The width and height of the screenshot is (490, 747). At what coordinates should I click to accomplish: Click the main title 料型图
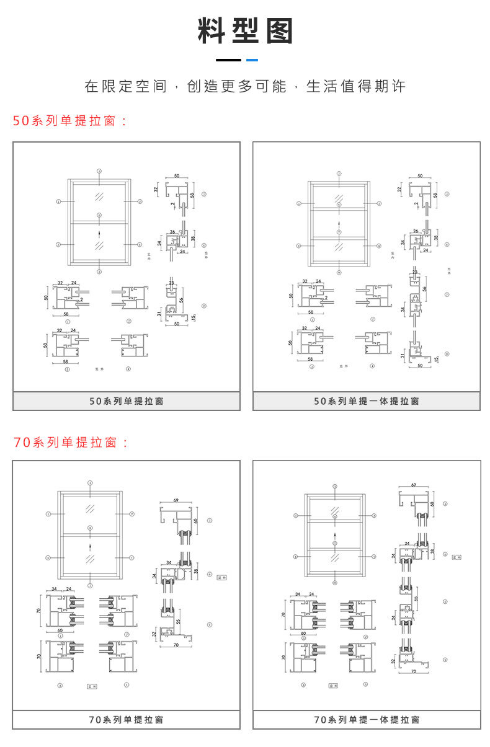pos(245,30)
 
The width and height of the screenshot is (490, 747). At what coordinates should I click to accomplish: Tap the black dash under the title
pos(228,60)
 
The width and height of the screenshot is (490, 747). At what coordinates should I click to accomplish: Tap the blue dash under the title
pos(252,60)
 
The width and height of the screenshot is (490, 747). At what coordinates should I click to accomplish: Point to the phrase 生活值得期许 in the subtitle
pos(355,86)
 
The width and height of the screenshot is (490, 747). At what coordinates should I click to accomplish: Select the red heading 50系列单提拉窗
pos(69,121)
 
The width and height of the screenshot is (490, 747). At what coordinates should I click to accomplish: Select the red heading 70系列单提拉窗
pos(69,443)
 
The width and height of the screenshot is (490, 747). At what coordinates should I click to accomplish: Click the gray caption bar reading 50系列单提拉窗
pos(127,401)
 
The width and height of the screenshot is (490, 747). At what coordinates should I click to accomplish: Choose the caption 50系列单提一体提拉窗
pos(367,401)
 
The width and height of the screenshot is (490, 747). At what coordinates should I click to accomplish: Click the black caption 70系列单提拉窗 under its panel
pos(127,720)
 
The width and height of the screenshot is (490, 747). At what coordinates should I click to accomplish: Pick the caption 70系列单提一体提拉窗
pos(367,720)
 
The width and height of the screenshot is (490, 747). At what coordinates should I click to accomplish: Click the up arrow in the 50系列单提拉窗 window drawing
pos(99,234)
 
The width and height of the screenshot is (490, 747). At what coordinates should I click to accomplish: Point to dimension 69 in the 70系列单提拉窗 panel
pos(176,500)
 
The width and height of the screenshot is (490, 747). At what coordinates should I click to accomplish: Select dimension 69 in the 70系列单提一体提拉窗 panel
pos(414,486)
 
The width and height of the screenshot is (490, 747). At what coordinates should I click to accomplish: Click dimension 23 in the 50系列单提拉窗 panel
pos(171,283)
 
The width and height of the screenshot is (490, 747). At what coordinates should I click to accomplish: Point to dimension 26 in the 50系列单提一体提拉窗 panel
pos(415,231)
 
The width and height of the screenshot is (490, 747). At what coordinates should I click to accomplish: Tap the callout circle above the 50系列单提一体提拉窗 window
pos(339,173)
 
